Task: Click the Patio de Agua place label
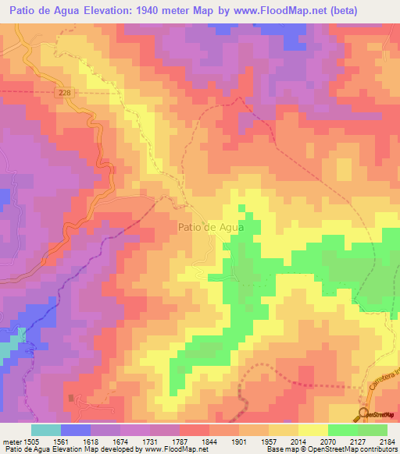click(x=211, y=227)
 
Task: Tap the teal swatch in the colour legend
click(x=46, y=430)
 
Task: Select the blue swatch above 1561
click(x=76, y=430)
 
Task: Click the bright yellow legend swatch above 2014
click(x=312, y=430)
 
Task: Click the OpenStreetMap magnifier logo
click(x=365, y=413)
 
